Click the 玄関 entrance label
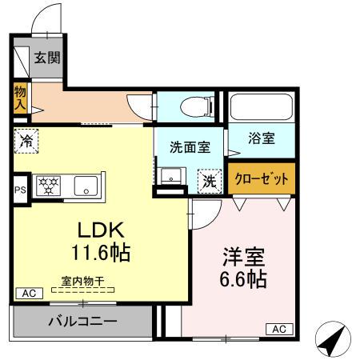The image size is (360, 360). pyautogui.click(x=46, y=58)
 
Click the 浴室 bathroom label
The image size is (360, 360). pyautogui.click(x=261, y=138)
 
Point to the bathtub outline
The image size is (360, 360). pyautogui.click(x=262, y=108)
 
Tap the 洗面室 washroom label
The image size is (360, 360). pyautogui.click(x=190, y=147)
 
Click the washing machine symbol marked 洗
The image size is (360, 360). pyautogui.click(x=209, y=182)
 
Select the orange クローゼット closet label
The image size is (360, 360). pyautogui.click(x=262, y=178)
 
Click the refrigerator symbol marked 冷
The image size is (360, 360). pyautogui.click(x=24, y=139)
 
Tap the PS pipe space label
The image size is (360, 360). pyautogui.click(x=20, y=190)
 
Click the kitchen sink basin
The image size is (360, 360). pyautogui.click(x=86, y=186)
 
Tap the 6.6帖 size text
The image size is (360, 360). pyautogui.click(x=242, y=281)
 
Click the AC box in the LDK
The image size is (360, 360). pyautogui.click(x=28, y=293)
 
